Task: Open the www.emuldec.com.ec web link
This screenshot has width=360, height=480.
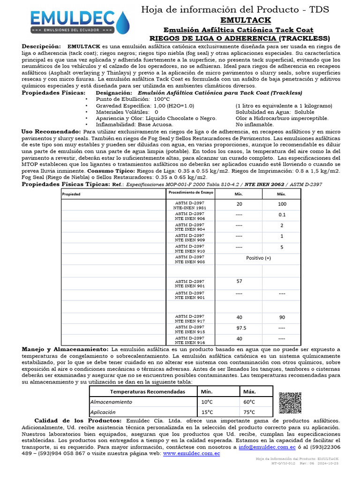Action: (x=191, y=454)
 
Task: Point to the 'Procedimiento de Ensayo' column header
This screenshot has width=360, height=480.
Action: (x=190, y=193)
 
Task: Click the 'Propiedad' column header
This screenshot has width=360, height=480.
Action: (x=72, y=194)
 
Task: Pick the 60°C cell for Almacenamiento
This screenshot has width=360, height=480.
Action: (x=249, y=402)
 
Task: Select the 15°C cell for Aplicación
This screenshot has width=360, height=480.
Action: (x=207, y=412)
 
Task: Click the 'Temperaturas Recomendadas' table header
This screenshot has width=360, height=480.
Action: (x=141, y=391)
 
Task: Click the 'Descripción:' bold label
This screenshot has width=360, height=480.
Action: (x=41, y=47)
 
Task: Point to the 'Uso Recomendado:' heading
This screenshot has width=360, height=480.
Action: (x=51, y=132)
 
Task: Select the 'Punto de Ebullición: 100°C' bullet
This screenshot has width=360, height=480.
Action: (x=126, y=99)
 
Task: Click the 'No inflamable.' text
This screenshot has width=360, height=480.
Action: (x=255, y=125)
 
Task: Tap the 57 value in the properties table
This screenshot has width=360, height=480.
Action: (x=239, y=281)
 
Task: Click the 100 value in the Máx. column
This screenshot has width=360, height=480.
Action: (x=281, y=204)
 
